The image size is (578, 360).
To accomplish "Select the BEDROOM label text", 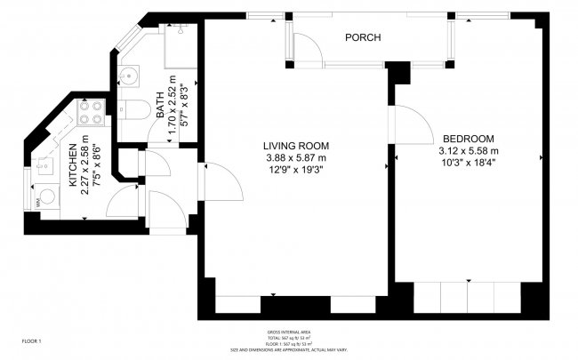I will coord(469,139).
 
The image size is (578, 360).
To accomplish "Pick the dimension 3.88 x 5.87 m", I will coord(297,157).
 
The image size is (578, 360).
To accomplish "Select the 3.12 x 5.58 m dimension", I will coord(470,151).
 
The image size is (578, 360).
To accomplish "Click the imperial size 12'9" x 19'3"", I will coord(297,171).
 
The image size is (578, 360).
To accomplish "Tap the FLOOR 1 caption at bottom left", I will coord(32,341).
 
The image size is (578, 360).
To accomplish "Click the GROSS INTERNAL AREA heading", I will coord(288,332).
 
